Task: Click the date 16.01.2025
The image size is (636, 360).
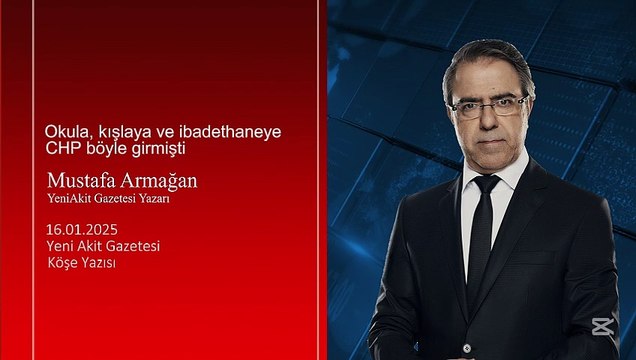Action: (80, 228)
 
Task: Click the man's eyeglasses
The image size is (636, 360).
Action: (489, 104)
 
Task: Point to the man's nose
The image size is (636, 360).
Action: (490, 117)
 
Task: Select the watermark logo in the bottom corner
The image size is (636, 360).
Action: (602, 329)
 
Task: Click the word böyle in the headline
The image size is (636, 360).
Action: (111, 148)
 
